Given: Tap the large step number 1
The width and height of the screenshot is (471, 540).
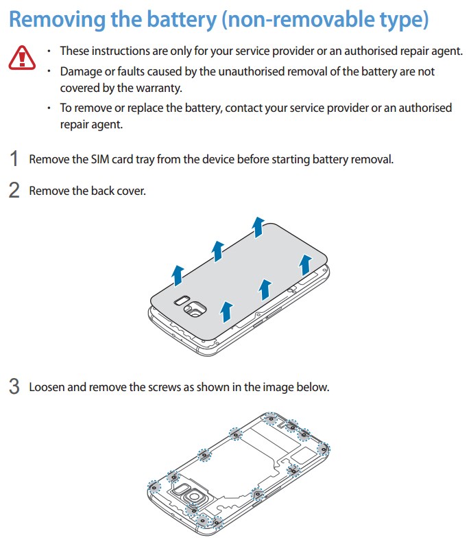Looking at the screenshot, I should tap(14, 159).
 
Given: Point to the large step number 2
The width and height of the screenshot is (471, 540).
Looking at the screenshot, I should tap(14, 190).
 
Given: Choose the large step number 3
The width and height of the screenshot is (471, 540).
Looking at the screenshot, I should tap(14, 386).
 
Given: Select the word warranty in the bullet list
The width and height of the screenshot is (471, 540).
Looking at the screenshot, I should tap(158, 88).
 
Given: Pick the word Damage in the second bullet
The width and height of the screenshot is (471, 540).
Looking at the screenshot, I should tap(80, 71).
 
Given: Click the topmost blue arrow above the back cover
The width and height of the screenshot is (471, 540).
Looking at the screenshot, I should tap(258, 226).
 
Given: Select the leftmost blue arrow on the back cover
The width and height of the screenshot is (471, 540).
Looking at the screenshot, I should tap(178, 274).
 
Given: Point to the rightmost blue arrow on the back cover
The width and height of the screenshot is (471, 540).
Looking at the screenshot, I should tap(306, 262).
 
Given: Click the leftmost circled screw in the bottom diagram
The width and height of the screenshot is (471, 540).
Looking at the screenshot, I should tap(153, 487).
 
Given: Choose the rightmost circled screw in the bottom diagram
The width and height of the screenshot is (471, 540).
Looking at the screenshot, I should tap(324, 449).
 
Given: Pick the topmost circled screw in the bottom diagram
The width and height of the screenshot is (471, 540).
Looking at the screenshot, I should tap(271, 418).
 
